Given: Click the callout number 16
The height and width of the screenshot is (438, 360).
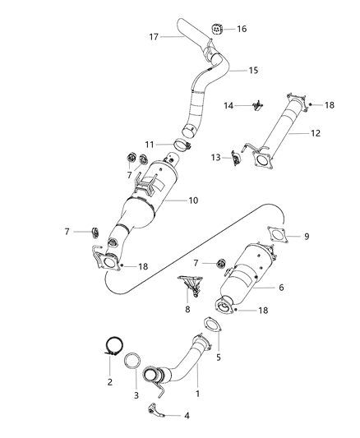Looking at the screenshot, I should (x=242, y=29).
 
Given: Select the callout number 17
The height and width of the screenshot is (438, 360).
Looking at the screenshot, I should (x=153, y=36).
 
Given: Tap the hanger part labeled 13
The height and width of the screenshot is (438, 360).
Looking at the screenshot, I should (x=237, y=155).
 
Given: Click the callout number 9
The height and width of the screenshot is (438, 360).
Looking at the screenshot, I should (x=307, y=237).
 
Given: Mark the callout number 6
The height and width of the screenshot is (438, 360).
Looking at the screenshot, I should (x=281, y=288).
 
